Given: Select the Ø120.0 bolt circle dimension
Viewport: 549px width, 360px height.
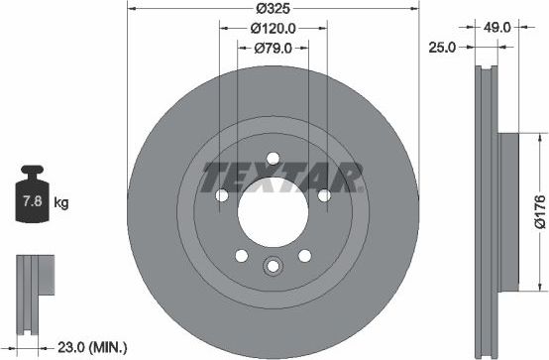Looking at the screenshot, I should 273,29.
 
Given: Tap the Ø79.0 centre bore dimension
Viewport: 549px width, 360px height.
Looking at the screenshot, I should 273,47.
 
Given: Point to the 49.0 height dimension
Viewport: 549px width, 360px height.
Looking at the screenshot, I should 498,29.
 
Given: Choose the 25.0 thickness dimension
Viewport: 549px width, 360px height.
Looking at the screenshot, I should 441,47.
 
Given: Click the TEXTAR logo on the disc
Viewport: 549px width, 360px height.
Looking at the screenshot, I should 279,179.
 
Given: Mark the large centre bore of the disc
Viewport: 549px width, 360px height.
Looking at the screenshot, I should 273,210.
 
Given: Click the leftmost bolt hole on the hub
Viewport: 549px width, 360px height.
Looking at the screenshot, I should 220,195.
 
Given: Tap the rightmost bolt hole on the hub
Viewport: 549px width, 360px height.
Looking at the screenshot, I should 325,195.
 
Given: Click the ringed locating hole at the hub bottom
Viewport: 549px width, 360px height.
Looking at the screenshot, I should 273,266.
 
